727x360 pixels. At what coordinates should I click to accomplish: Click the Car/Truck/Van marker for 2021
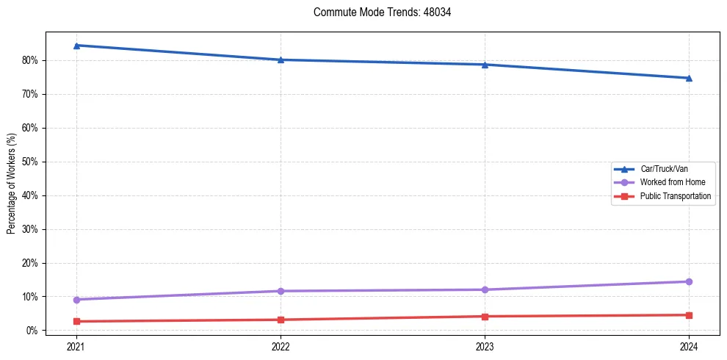(76, 46)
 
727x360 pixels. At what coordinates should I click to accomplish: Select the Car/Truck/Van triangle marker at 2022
(281, 60)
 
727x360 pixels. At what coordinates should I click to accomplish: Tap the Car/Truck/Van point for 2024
(689, 78)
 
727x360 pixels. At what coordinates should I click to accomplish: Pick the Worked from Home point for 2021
(76, 300)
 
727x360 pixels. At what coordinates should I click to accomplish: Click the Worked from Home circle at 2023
(485, 289)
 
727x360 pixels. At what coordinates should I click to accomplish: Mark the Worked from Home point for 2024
(689, 281)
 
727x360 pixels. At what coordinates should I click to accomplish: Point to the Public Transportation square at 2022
(281, 320)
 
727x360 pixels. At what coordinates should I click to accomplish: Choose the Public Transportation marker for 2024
(689, 315)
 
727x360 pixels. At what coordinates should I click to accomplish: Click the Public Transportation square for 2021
(76, 321)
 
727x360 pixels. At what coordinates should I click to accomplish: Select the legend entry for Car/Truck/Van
(664, 169)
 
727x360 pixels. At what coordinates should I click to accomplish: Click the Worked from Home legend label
(668, 182)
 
